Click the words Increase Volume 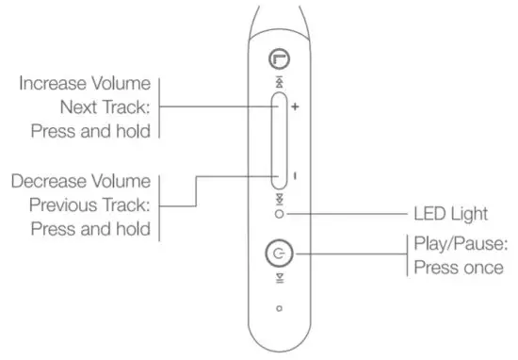pos(85,84)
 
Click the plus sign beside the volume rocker pos(295,107)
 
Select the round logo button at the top pos(279,58)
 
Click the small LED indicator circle pos(279,215)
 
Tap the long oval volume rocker pos(279,142)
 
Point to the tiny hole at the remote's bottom pos(279,308)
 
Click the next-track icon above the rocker pos(279,82)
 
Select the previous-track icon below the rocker pos(279,201)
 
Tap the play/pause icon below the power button pos(279,277)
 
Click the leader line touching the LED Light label pos(348,215)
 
